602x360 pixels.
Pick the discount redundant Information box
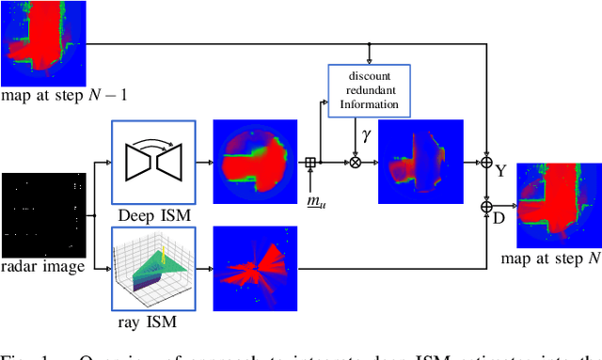pos(368,90)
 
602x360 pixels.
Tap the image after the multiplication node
pos(420,163)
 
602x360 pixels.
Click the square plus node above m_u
pos(309,163)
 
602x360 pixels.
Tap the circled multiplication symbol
pos(356,163)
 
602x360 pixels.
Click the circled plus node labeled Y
pos(486,163)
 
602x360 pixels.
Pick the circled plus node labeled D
pos(486,205)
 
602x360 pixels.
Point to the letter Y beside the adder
pos(500,171)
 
